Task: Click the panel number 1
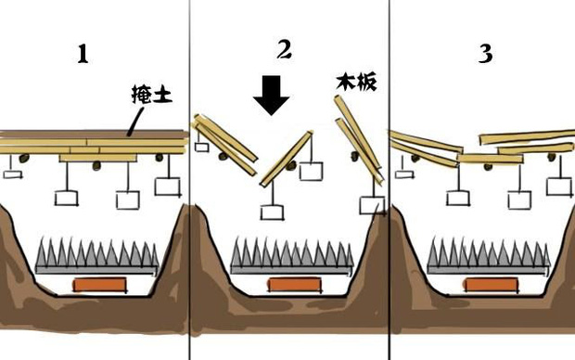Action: [83, 54]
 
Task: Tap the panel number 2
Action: [284, 50]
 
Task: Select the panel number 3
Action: [486, 54]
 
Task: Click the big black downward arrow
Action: [272, 96]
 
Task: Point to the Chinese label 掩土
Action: [152, 95]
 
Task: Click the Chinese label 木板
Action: [356, 83]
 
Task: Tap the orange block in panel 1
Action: [100, 285]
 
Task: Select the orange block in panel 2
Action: [295, 285]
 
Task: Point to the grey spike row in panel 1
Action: [97, 256]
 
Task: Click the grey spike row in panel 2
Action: [292, 256]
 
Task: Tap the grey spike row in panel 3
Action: [489, 256]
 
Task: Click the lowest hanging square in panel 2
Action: [272, 212]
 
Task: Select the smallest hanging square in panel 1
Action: [12, 174]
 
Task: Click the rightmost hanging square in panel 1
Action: [168, 186]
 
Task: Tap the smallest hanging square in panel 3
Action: [404, 173]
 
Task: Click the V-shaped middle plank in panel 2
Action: [287, 158]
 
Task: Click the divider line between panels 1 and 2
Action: [190, 180]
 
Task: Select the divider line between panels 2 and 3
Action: [390, 180]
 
